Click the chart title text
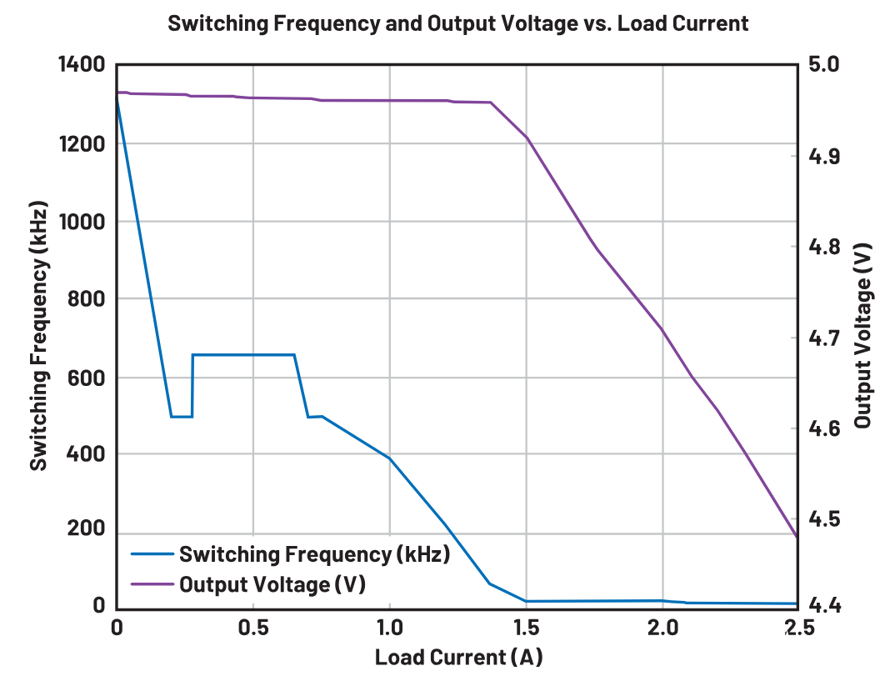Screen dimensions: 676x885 [457, 23]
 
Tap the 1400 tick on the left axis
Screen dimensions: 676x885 [81, 64]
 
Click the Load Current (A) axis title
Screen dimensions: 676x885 [457, 657]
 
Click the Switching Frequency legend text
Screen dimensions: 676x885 [314, 554]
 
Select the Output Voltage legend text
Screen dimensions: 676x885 [272, 583]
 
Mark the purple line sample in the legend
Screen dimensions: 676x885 [152, 583]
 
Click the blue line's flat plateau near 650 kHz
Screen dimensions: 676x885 [244, 355]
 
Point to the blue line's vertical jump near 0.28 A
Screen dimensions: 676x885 [192, 385]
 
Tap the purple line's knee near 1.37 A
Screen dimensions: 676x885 [491, 103]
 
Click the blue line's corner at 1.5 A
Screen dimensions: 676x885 [526, 601]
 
